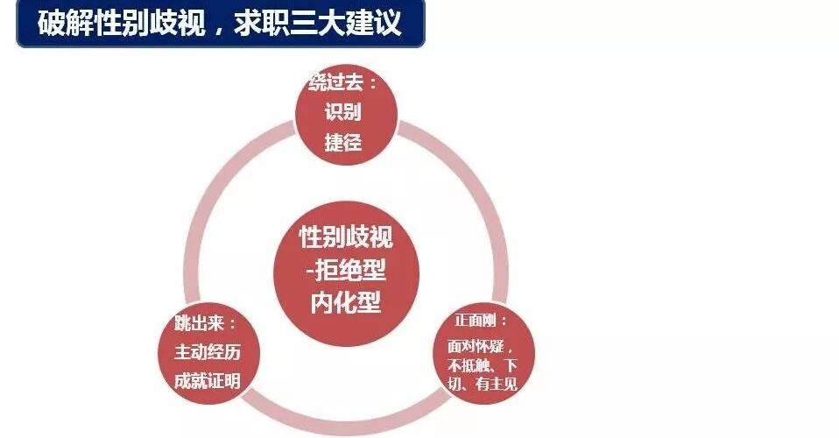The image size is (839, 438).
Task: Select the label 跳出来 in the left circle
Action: pos(197,323)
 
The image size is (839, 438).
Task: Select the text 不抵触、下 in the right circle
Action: pos(482,364)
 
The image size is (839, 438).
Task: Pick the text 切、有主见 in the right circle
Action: pos(482,384)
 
